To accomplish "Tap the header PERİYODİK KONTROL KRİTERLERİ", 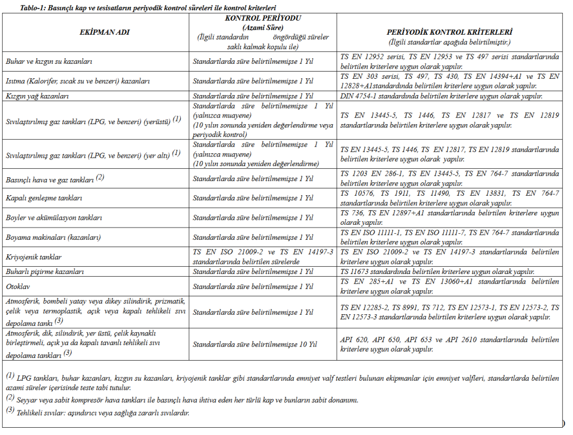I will [449, 32].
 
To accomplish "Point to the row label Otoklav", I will [18, 286].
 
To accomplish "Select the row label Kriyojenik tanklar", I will [34, 257].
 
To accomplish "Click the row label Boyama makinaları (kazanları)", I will [53, 237].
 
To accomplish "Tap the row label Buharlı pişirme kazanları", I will [45, 272].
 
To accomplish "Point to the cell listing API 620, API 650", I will [449, 344].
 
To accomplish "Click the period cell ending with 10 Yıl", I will [255, 344].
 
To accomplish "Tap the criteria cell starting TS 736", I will [449, 217].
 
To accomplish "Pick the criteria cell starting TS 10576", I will [449, 198].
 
